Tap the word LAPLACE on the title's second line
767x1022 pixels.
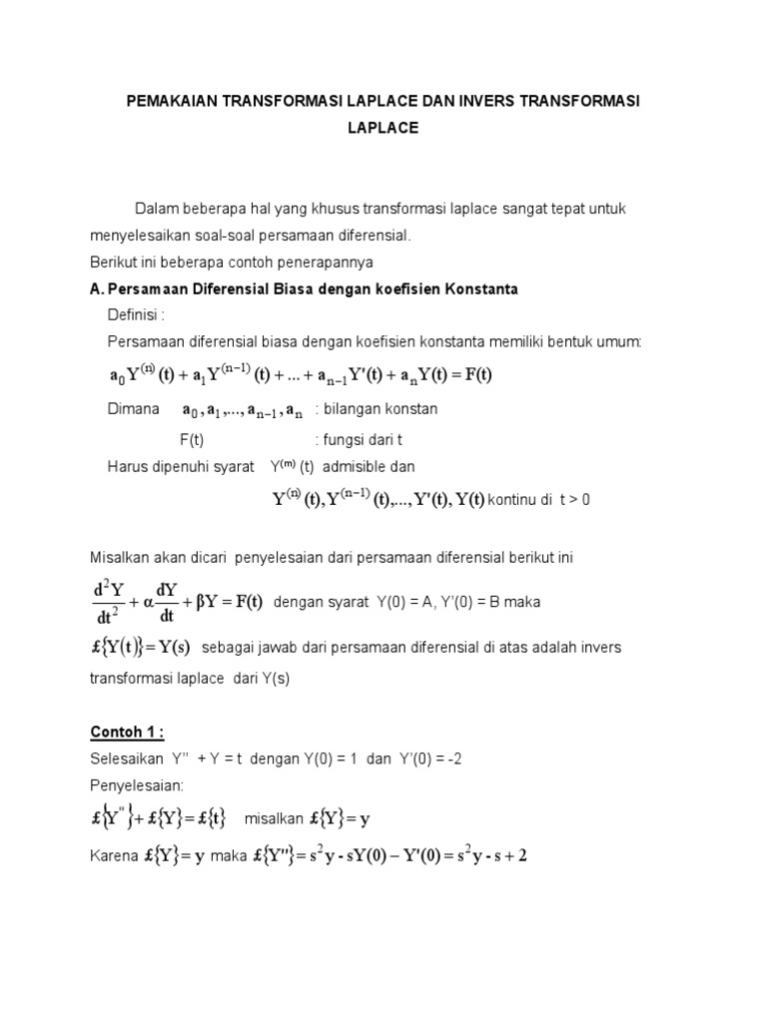click(x=383, y=128)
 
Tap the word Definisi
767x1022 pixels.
click(x=135, y=315)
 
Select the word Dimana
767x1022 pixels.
click(x=133, y=409)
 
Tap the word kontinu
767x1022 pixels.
click(x=512, y=500)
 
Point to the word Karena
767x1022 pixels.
click(x=113, y=855)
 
